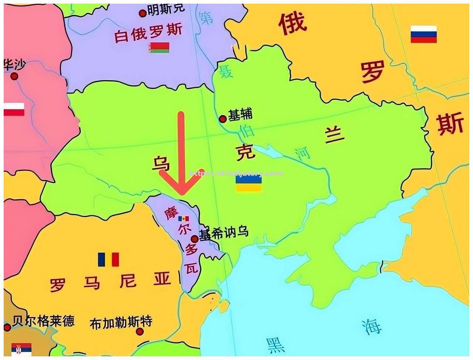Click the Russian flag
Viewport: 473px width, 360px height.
click(423, 34)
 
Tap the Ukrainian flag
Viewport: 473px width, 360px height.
click(249, 183)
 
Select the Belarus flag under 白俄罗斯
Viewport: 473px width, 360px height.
click(159, 47)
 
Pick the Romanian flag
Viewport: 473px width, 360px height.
click(108, 259)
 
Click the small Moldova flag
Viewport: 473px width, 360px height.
click(183, 218)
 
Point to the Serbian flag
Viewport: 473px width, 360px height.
click(21, 349)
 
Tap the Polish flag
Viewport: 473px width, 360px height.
click(14, 109)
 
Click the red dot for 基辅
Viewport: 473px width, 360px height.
click(222, 119)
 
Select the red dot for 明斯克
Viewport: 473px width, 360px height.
click(142, 14)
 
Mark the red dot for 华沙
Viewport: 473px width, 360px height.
click(14, 77)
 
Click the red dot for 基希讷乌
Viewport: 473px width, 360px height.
click(194, 239)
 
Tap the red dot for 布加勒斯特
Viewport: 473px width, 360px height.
click(139, 332)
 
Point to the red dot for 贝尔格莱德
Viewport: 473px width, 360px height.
click(7, 327)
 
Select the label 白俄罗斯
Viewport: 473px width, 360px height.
click(148, 33)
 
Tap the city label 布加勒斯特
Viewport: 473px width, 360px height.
click(121, 323)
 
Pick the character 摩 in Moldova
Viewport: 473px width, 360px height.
click(171, 212)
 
